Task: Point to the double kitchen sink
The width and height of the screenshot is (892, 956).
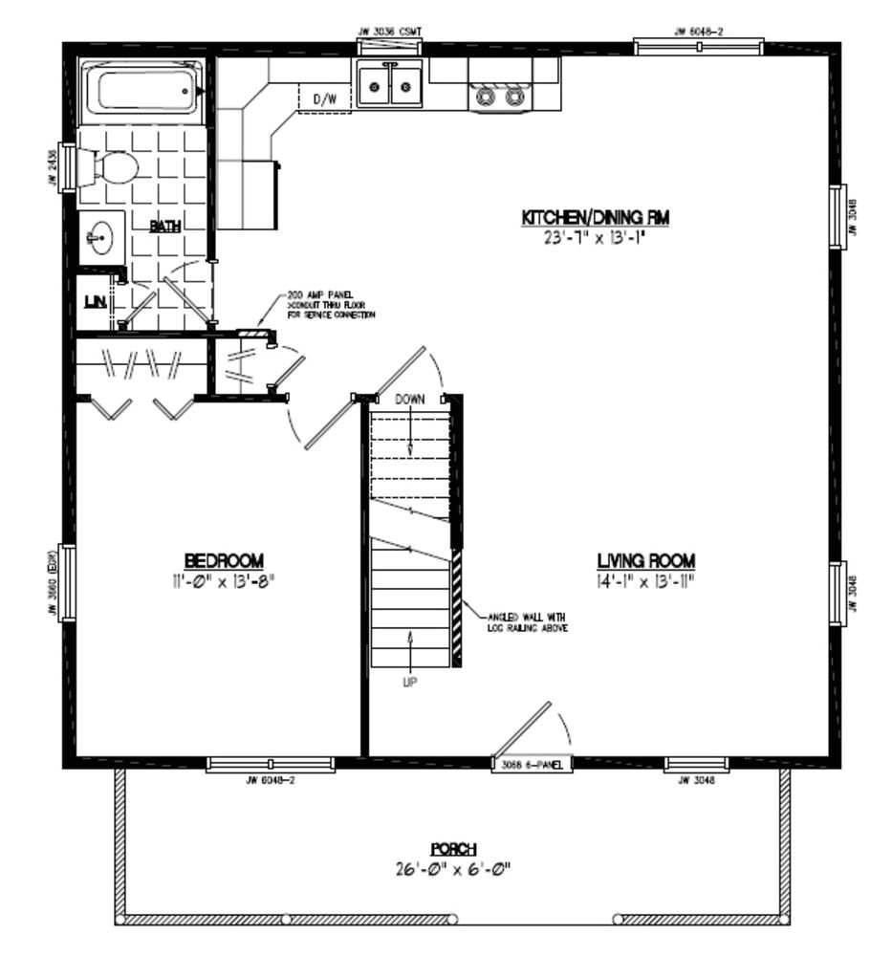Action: [x=390, y=89]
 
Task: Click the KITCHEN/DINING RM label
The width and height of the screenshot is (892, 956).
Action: [x=595, y=219]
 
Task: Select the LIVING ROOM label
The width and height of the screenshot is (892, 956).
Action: [x=646, y=560]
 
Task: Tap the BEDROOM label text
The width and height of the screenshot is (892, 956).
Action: [x=226, y=560]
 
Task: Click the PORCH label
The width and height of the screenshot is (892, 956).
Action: [x=453, y=849]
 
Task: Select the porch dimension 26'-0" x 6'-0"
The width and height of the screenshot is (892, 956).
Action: [x=453, y=870]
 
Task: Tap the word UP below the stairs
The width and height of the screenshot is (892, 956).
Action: [x=410, y=682]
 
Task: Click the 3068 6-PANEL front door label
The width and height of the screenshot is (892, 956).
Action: [x=532, y=764]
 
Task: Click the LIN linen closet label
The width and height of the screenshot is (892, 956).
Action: [x=94, y=302]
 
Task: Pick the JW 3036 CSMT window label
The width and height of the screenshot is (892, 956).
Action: [x=389, y=32]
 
